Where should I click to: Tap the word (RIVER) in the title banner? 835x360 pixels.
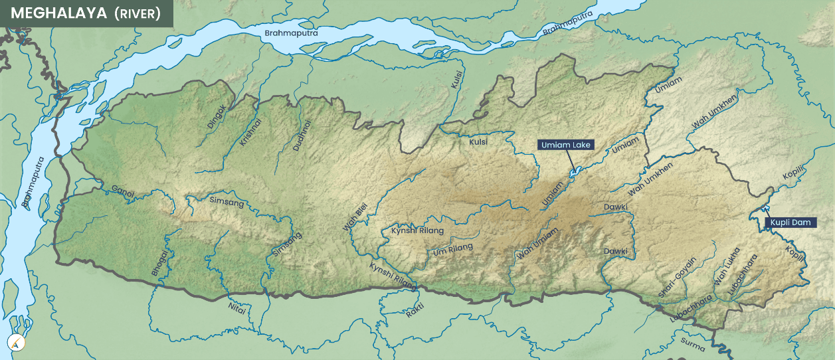138,14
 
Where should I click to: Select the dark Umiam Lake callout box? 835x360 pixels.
565,145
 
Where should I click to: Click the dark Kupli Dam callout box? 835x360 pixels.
790,223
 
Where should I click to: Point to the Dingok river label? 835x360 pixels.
217,118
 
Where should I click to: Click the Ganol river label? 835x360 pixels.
123,191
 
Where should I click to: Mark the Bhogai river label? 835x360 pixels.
160,262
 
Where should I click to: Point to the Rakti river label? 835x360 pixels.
415,310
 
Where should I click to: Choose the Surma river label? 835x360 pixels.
692,343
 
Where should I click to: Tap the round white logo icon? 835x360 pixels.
16,343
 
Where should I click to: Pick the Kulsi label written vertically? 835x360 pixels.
456,80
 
